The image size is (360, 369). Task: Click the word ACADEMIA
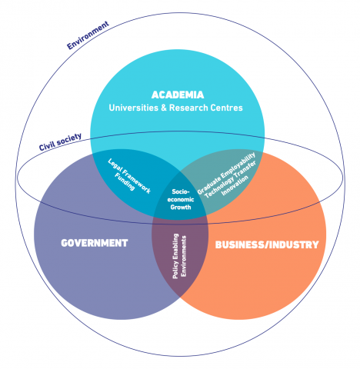(x=178, y=95)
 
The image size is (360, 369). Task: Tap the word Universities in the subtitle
(x=134, y=108)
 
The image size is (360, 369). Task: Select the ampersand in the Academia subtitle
(x=164, y=108)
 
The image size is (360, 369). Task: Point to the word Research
(x=188, y=108)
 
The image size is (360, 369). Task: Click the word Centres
(x=226, y=108)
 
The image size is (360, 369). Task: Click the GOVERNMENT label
(x=95, y=243)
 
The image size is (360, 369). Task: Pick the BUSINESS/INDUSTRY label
(x=267, y=244)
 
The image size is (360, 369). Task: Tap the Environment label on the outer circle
(x=88, y=35)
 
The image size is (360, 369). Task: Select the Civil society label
(x=60, y=142)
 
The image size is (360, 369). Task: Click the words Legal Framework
(x=129, y=176)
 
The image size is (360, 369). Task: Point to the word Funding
(x=125, y=181)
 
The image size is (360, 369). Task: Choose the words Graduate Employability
(x=226, y=173)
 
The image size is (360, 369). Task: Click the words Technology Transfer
(x=231, y=179)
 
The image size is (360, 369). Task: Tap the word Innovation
(x=235, y=185)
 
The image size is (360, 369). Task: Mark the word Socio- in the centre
(x=181, y=191)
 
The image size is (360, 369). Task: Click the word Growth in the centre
(x=181, y=207)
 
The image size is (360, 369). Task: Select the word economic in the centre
(x=181, y=199)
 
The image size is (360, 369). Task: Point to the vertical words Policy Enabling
(x=175, y=256)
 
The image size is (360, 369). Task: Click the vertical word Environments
(x=184, y=256)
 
